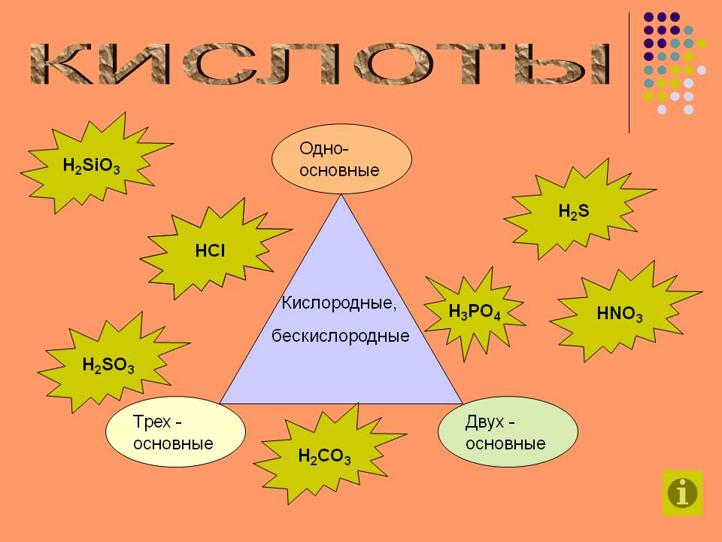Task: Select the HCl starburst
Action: pyautogui.click(x=211, y=251)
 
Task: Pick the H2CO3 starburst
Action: pyautogui.click(x=324, y=456)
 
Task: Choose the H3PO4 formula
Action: pyautogui.click(x=475, y=312)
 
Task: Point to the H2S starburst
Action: pyautogui.click(x=573, y=212)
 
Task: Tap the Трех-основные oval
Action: pyautogui.click(x=175, y=432)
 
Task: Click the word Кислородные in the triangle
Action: pyautogui.click(x=338, y=303)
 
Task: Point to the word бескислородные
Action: pyautogui.click(x=341, y=336)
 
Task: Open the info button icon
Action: pyautogui.click(x=683, y=493)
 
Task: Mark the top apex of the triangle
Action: pyautogui.click(x=342, y=196)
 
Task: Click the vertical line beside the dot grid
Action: pyautogui.click(x=629, y=72)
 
